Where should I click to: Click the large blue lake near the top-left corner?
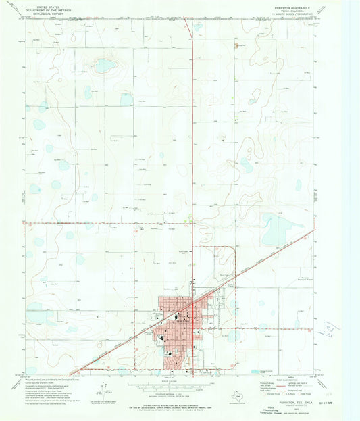tap(104, 66)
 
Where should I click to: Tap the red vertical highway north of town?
tap(192, 135)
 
